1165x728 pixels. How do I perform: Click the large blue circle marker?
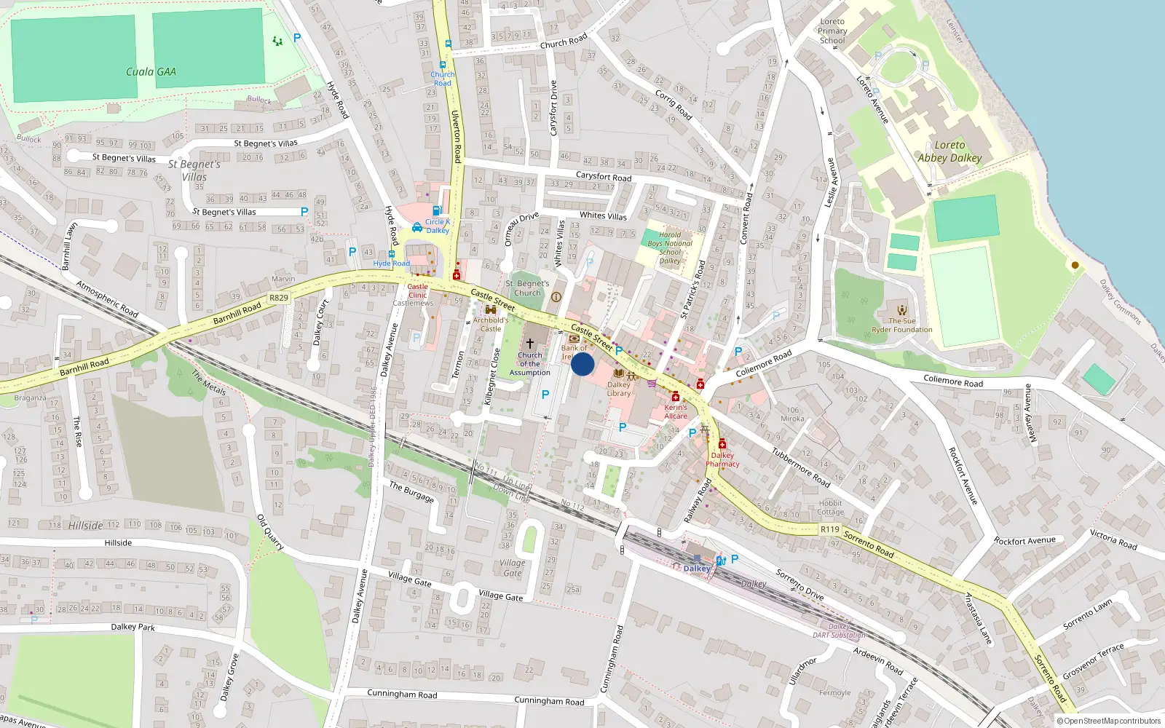[582, 364]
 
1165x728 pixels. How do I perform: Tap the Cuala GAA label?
[151, 71]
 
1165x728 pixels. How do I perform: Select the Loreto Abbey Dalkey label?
[949, 151]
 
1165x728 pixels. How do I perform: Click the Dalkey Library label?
[619, 389]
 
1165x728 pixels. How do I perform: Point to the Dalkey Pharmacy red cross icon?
[722, 444]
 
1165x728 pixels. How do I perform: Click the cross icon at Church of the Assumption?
[530, 343]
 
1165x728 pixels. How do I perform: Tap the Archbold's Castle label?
[490, 324]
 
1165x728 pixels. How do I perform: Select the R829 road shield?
[278, 298]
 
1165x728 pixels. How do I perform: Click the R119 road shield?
[829, 529]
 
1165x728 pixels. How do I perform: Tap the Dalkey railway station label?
[697, 569]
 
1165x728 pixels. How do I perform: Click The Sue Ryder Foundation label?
[902, 325]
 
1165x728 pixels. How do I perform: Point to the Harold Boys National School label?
[670, 248]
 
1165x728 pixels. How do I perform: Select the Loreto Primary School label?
[832, 31]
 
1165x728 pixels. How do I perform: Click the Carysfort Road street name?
[604, 177]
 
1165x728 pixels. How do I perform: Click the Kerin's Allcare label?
[676, 411]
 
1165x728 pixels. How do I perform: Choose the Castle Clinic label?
[417, 291]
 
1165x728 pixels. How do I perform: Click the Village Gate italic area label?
[513, 568]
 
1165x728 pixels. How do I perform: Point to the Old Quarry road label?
[270, 532]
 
